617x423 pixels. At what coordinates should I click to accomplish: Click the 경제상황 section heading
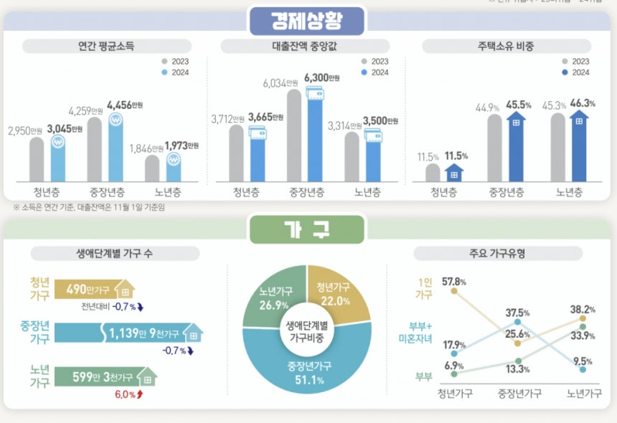[307, 21]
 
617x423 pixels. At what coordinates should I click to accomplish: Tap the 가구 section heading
[307, 229]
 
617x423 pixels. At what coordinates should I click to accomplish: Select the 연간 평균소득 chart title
[105, 47]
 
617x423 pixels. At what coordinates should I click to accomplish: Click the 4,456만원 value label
[125, 105]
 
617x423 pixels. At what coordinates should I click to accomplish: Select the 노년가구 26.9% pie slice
[276, 296]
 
